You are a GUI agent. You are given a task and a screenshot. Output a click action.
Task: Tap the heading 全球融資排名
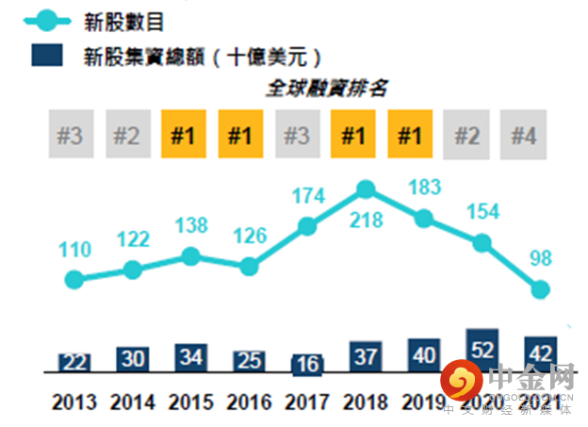326,89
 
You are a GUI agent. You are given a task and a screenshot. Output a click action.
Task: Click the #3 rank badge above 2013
70,135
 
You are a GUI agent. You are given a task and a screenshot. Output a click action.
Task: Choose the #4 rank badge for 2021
524,135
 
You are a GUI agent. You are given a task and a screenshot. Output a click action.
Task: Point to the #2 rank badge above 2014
127,135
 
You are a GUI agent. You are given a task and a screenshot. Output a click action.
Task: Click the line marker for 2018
366,189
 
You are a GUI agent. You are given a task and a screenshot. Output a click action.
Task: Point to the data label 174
309,197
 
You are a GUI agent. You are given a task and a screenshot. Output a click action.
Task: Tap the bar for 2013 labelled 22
73,362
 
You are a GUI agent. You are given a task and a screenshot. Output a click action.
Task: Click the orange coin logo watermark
462,383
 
